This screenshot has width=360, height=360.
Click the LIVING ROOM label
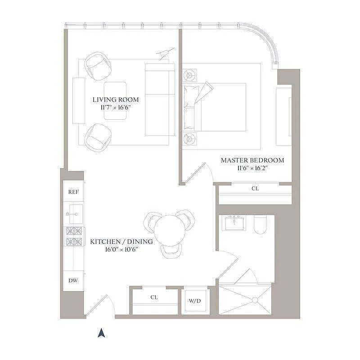coord(116,99)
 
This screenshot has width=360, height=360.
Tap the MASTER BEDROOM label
coord(252,160)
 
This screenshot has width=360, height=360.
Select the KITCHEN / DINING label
coord(121,242)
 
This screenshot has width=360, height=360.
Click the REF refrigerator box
coord(73,192)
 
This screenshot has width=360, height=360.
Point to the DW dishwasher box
coord(73,281)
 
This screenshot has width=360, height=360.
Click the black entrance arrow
coord(102,333)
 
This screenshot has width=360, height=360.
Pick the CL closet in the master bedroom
coord(255,189)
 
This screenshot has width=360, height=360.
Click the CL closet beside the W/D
coord(154,297)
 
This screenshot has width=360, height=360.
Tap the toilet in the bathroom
coord(261,225)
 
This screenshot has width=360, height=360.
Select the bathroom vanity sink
coord(235,222)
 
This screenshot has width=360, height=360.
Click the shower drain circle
coord(255,299)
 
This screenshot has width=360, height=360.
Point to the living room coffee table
coord(115,100)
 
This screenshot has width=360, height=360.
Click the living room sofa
coord(160,99)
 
